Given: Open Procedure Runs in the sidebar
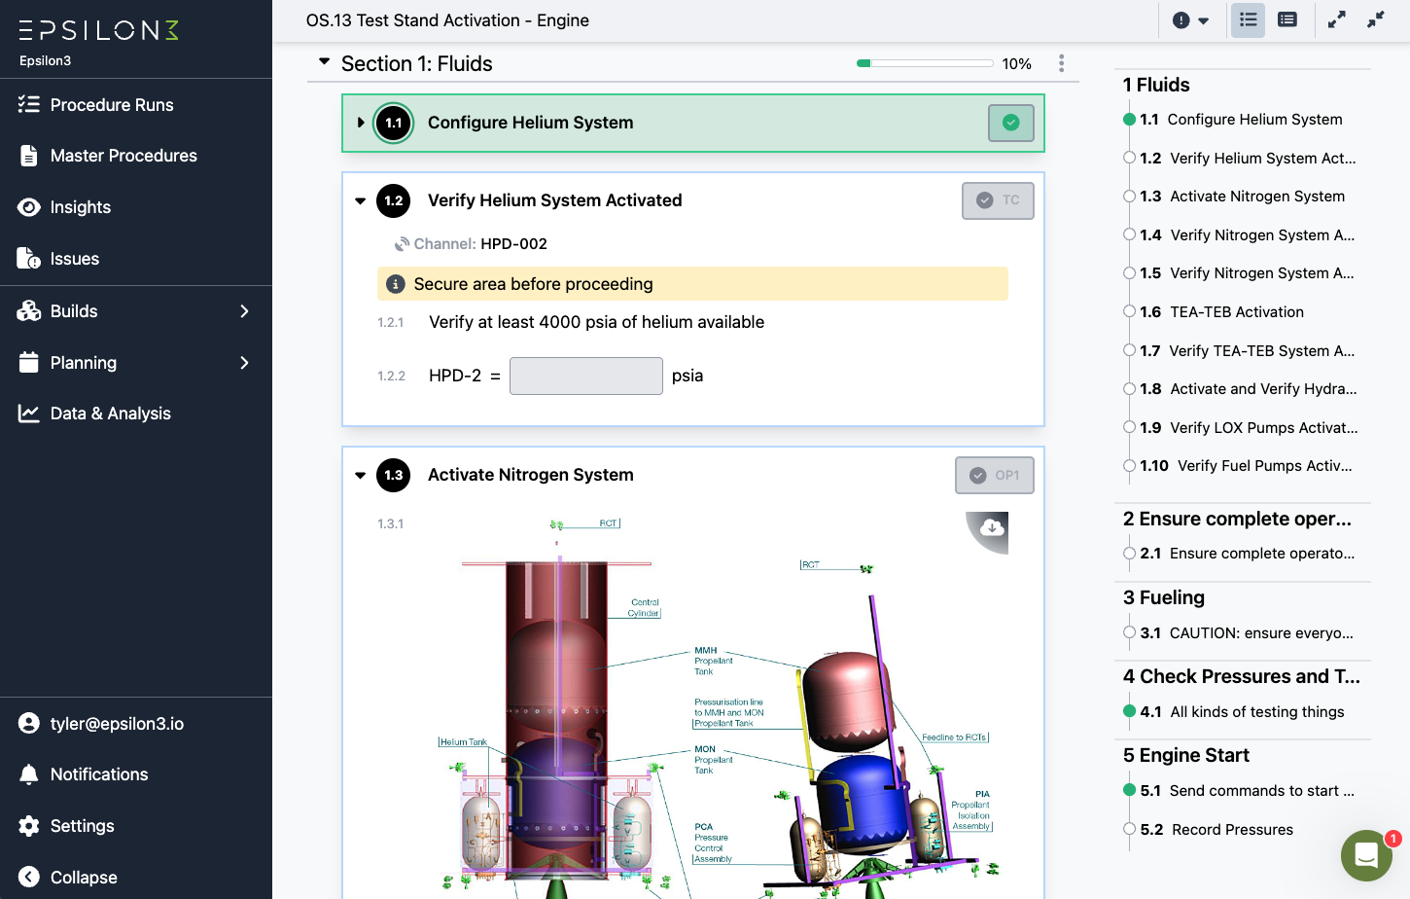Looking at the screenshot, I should click(x=111, y=105).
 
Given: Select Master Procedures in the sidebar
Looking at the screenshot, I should click(x=123, y=156).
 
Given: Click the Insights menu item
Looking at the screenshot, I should click(x=80, y=207).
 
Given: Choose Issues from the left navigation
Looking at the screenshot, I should click(x=74, y=259).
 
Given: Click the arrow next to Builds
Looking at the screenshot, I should click(x=244, y=311).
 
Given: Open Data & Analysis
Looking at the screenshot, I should click(x=110, y=414).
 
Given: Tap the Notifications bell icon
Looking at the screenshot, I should click(x=29, y=774).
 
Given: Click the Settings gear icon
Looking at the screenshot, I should click(x=29, y=826).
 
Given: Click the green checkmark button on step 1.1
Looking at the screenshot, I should click(x=1010, y=123).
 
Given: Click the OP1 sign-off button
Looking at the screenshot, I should click(x=994, y=475).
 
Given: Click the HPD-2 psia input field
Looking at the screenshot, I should click(x=585, y=376).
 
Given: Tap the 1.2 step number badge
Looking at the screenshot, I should click(x=394, y=200).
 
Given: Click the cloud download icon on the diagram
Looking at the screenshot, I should click(x=992, y=528).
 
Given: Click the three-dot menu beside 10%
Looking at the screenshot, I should click(x=1061, y=63).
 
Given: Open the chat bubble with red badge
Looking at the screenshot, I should click(x=1366, y=855).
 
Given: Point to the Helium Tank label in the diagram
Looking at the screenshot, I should click(x=463, y=742).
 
